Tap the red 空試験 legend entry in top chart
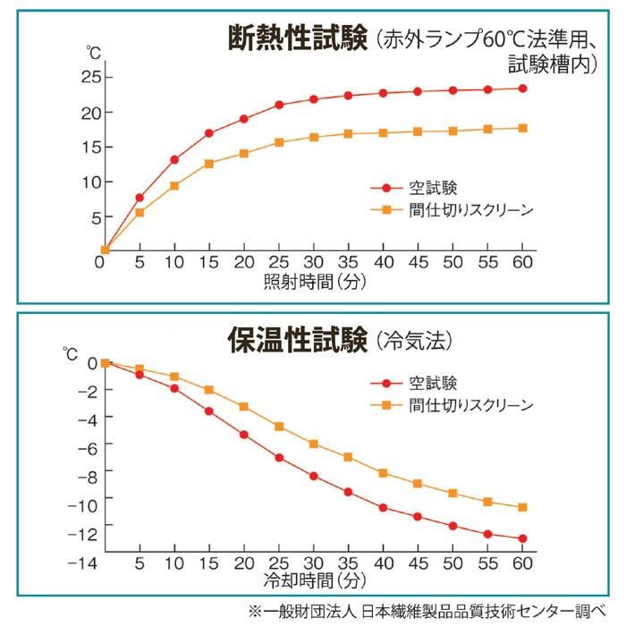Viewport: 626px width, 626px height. (413, 188)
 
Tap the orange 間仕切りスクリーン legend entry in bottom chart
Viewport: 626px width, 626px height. (452, 405)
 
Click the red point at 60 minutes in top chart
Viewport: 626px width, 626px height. (523, 89)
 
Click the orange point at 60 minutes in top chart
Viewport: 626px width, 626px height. (523, 128)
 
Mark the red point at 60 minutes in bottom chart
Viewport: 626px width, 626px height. (523, 538)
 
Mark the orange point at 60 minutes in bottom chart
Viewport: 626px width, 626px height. (523, 507)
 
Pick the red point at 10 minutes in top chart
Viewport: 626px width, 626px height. (174, 160)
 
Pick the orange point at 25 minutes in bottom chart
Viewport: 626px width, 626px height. (279, 427)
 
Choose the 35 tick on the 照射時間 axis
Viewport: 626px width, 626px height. (349, 263)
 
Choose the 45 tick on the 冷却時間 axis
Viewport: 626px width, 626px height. (418, 563)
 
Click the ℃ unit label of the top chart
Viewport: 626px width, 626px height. (92, 53)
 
